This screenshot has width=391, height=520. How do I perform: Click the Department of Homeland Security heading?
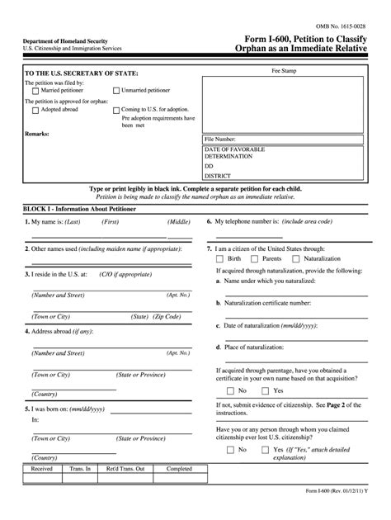tap(64, 40)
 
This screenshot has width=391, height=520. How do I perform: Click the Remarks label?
tap(38, 133)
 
